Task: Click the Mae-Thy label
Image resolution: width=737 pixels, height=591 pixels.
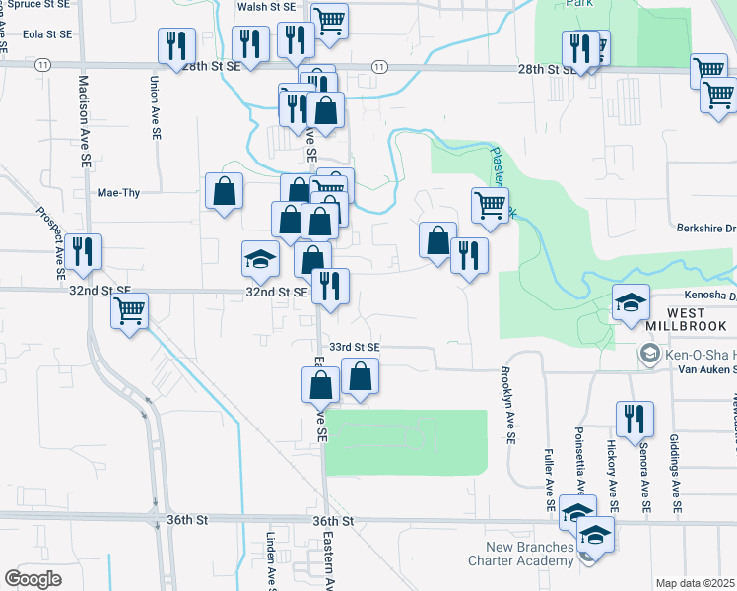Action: click(118, 192)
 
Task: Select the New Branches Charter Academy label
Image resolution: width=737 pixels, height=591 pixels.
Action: click(529, 554)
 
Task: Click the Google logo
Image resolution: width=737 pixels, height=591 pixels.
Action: click(33, 579)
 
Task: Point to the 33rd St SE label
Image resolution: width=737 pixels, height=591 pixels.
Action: click(354, 347)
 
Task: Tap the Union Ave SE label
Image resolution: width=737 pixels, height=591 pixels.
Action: click(155, 107)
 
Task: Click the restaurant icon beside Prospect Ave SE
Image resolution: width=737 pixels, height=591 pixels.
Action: click(86, 251)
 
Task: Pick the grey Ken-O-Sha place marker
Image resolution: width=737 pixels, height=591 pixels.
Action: click(648, 352)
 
